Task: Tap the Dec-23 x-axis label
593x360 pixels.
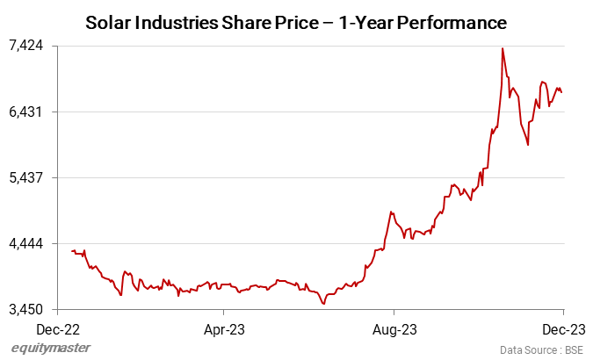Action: (x=562, y=330)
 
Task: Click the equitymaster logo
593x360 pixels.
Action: (x=50, y=349)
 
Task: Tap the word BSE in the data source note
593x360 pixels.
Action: (x=572, y=349)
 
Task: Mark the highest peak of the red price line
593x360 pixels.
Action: (x=502, y=48)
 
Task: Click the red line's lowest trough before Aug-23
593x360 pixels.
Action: (x=324, y=304)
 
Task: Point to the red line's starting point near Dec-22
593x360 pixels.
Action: (x=72, y=251)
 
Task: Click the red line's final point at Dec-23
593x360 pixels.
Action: (x=562, y=91)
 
